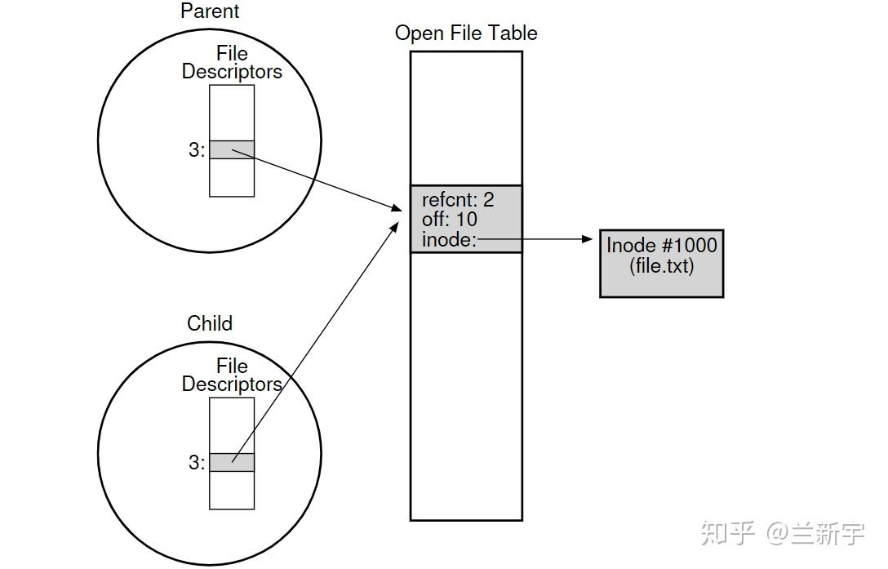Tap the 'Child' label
coord(210,323)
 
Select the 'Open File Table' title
coord(466,33)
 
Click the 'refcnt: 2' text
coord(458,199)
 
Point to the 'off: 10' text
coord(450,219)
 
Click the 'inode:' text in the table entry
coord(449,239)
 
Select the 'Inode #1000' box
coord(661,263)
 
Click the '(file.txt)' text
coord(661,266)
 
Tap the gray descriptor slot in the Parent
coord(232,149)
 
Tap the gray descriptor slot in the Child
coord(232,462)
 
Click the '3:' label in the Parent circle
coord(197,150)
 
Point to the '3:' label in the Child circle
coord(197,463)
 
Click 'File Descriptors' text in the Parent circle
coord(232,63)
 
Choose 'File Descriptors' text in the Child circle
coord(232,375)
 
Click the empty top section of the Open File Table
coord(466,118)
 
